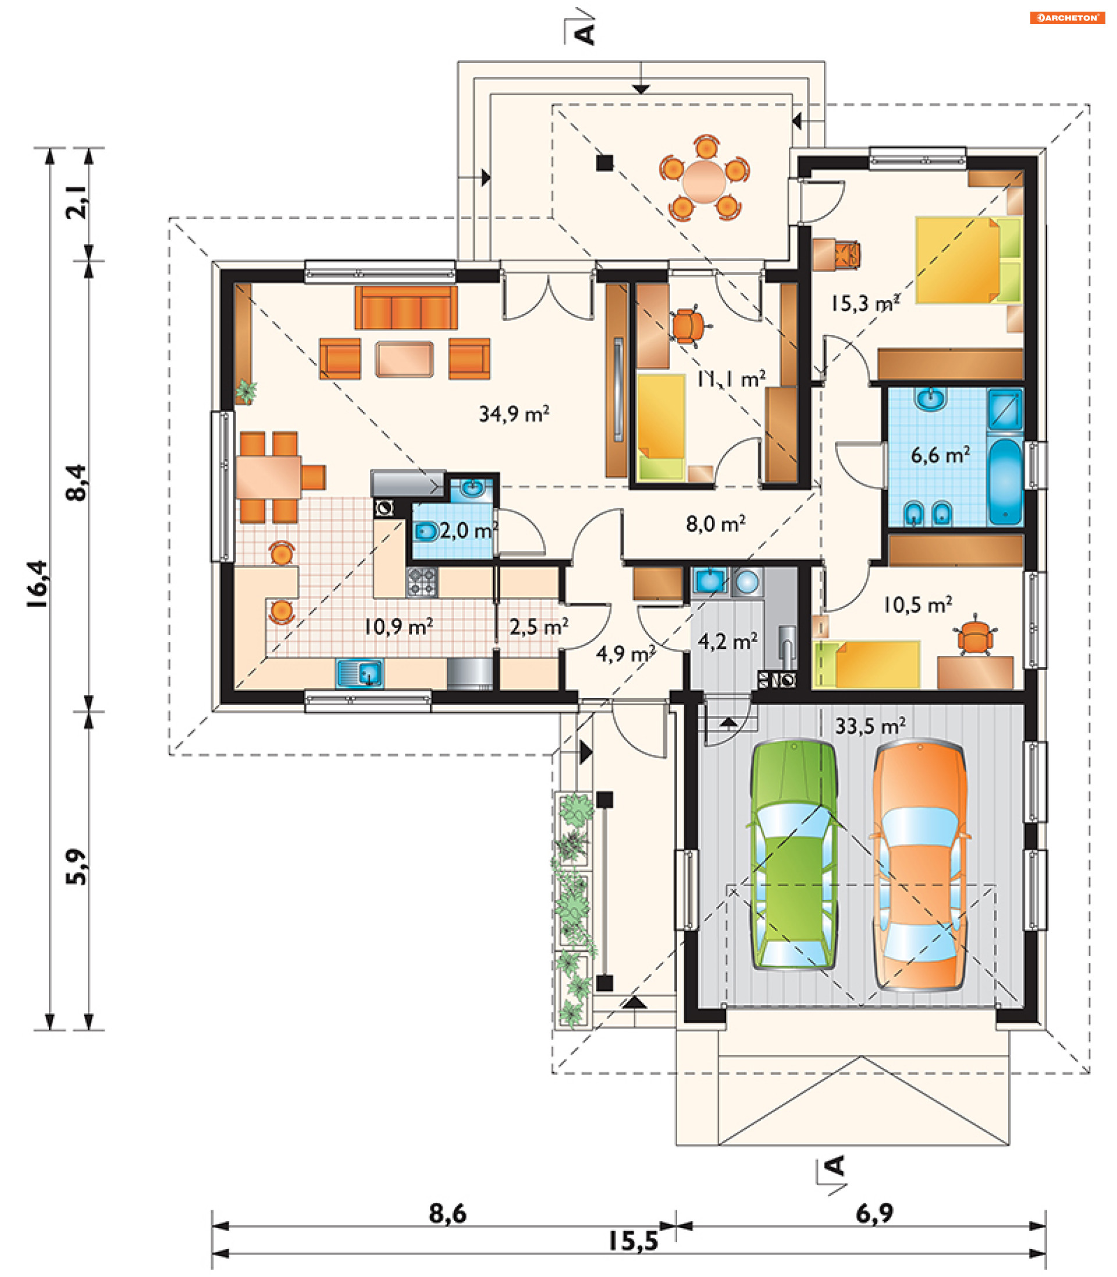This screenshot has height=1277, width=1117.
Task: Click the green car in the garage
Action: tap(792, 855)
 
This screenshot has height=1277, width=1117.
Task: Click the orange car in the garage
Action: tap(920, 865)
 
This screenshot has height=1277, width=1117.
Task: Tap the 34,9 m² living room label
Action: tap(514, 413)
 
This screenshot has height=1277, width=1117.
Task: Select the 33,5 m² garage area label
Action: tap(870, 726)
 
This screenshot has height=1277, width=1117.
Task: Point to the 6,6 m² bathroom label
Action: tap(940, 455)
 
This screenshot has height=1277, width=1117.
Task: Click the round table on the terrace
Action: tap(704, 181)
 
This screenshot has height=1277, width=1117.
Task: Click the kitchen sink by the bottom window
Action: tap(360, 673)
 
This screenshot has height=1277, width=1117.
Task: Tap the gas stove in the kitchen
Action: tap(422, 582)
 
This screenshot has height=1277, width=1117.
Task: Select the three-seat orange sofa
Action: tap(406, 308)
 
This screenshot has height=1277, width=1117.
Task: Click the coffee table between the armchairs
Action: tap(404, 359)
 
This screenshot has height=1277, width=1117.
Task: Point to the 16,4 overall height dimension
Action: tap(37, 584)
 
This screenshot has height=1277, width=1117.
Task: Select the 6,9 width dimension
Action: tap(874, 1214)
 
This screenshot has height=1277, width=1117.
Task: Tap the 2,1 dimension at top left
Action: tap(76, 202)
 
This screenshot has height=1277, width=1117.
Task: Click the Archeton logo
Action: tap(1067, 17)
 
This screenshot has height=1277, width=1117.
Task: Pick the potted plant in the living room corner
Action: tap(246, 391)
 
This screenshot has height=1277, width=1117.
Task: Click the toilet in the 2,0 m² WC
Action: tap(426, 532)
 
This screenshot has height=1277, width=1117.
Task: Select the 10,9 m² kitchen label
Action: tap(399, 626)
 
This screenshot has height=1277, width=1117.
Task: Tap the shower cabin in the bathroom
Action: tap(1005, 409)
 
